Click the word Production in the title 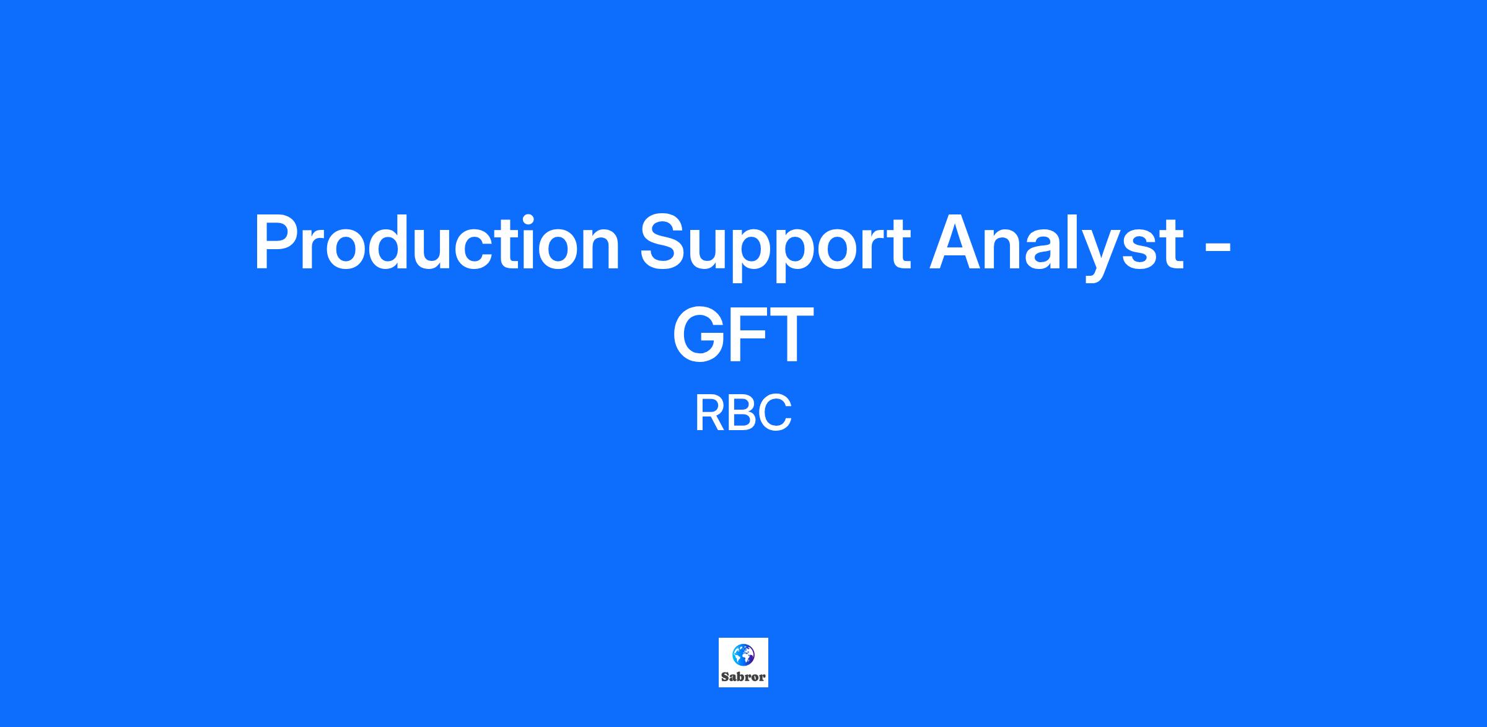(x=437, y=242)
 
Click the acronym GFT (x=743, y=333)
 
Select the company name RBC (x=743, y=413)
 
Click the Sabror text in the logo (x=743, y=677)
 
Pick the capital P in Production (x=276, y=242)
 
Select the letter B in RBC (x=741, y=413)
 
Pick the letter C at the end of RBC (x=776, y=413)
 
